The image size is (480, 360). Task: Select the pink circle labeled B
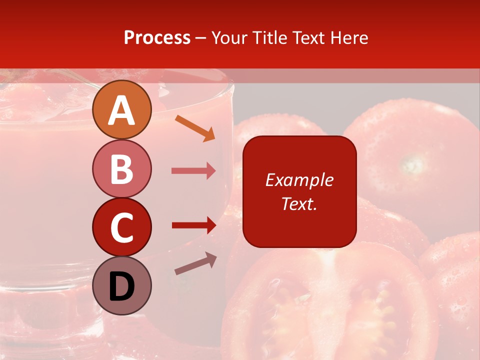click(121, 168)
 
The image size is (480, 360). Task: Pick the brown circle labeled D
click(121, 285)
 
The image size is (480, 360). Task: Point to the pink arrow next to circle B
click(193, 171)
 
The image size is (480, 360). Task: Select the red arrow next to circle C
click(194, 225)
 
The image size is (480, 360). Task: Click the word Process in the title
click(157, 37)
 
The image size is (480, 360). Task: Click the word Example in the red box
click(299, 180)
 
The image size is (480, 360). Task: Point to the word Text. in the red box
click(299, 203)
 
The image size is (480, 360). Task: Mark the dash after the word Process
click(201, 38)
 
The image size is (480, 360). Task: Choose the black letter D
click(121, 286)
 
